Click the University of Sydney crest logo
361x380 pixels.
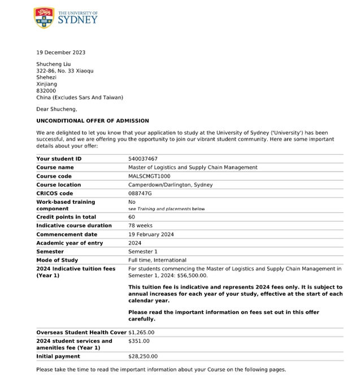[44, 18]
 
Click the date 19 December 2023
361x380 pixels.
[61, 53]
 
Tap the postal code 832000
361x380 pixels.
[46, 90]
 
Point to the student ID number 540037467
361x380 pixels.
[143, 159]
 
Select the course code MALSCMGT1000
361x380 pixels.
[149, 176]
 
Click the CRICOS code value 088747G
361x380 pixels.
[140, 193]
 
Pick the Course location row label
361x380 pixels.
[58, 185]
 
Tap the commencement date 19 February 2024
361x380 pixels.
[151, 234]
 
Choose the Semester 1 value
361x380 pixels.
[143, 251]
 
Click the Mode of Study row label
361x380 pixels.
[57, 260]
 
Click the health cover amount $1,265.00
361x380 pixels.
[141, 332]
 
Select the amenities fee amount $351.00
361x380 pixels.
[139, 341]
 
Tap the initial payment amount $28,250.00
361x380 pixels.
[143, 356]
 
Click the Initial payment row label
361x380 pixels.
[58, 356]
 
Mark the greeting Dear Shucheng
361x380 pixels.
[56, 109]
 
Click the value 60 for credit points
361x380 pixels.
[132, 217]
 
